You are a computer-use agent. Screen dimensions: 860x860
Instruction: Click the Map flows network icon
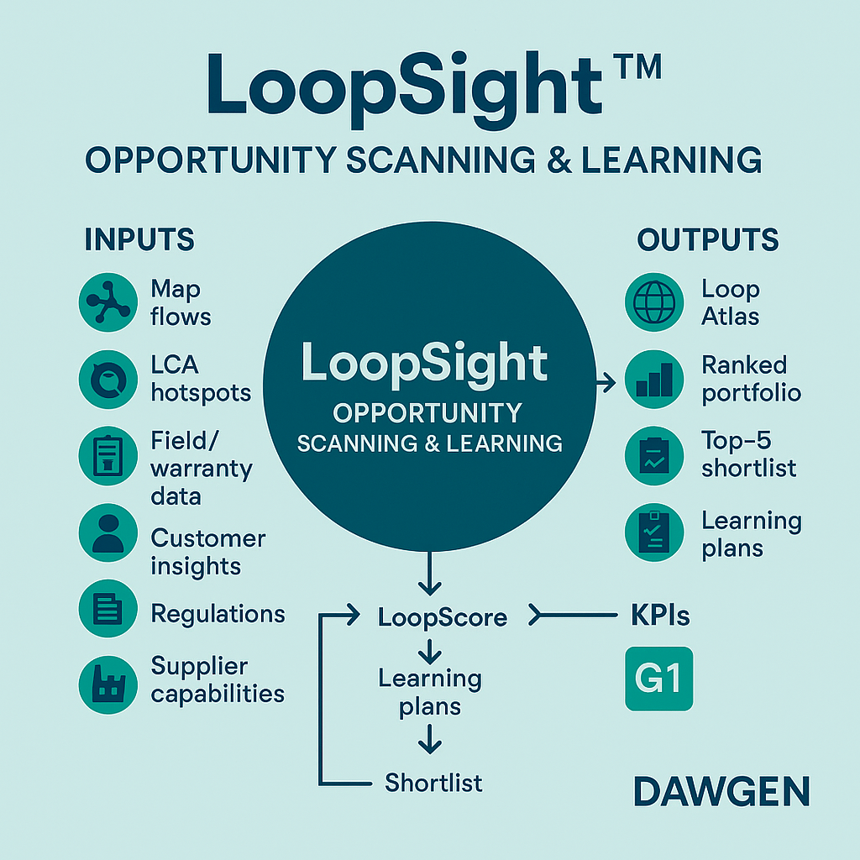click(107, 303)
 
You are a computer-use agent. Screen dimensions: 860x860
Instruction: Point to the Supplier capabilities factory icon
click(107, 680)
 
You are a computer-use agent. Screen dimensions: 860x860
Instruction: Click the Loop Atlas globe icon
click(654, 303)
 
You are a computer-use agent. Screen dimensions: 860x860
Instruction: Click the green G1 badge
click(659, 679)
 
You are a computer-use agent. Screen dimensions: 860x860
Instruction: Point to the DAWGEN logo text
click(721, 792)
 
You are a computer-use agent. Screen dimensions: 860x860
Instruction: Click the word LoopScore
click(443, 618)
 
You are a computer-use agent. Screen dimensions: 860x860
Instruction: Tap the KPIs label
click(660, 616)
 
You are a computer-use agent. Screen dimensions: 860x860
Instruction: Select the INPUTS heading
click(139, 240)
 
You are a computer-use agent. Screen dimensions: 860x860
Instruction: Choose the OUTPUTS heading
click(708, 240)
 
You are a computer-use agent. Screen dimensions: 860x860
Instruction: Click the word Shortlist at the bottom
click(433, 783)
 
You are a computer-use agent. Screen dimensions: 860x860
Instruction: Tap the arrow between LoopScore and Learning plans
click(430, 649)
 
